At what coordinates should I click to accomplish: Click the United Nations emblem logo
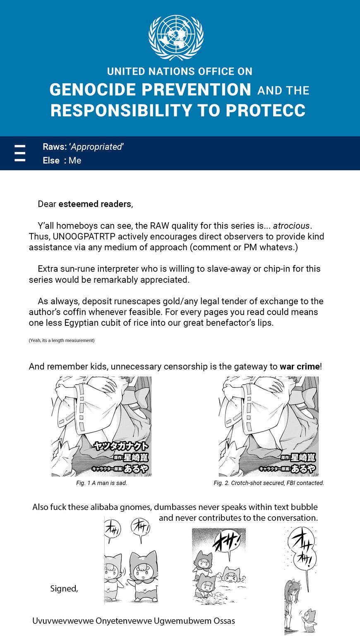pos(176,37)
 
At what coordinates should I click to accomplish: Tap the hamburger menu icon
pos(20,153)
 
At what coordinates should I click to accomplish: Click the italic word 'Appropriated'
pos(96,147)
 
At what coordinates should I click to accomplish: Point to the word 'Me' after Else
pos(75,161)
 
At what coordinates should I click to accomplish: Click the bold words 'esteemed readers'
pos(95,204)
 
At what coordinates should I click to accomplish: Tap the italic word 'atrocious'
pos(291,226)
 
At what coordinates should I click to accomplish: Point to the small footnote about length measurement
pos(62,340)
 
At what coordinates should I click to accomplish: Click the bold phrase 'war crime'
pos(300,367)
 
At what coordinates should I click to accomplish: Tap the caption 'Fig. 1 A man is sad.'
pos(101,483)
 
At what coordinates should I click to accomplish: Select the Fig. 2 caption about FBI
pos(269,483)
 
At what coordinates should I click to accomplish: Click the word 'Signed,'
pos(64,589)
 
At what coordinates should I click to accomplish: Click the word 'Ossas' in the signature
pos(224,621)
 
